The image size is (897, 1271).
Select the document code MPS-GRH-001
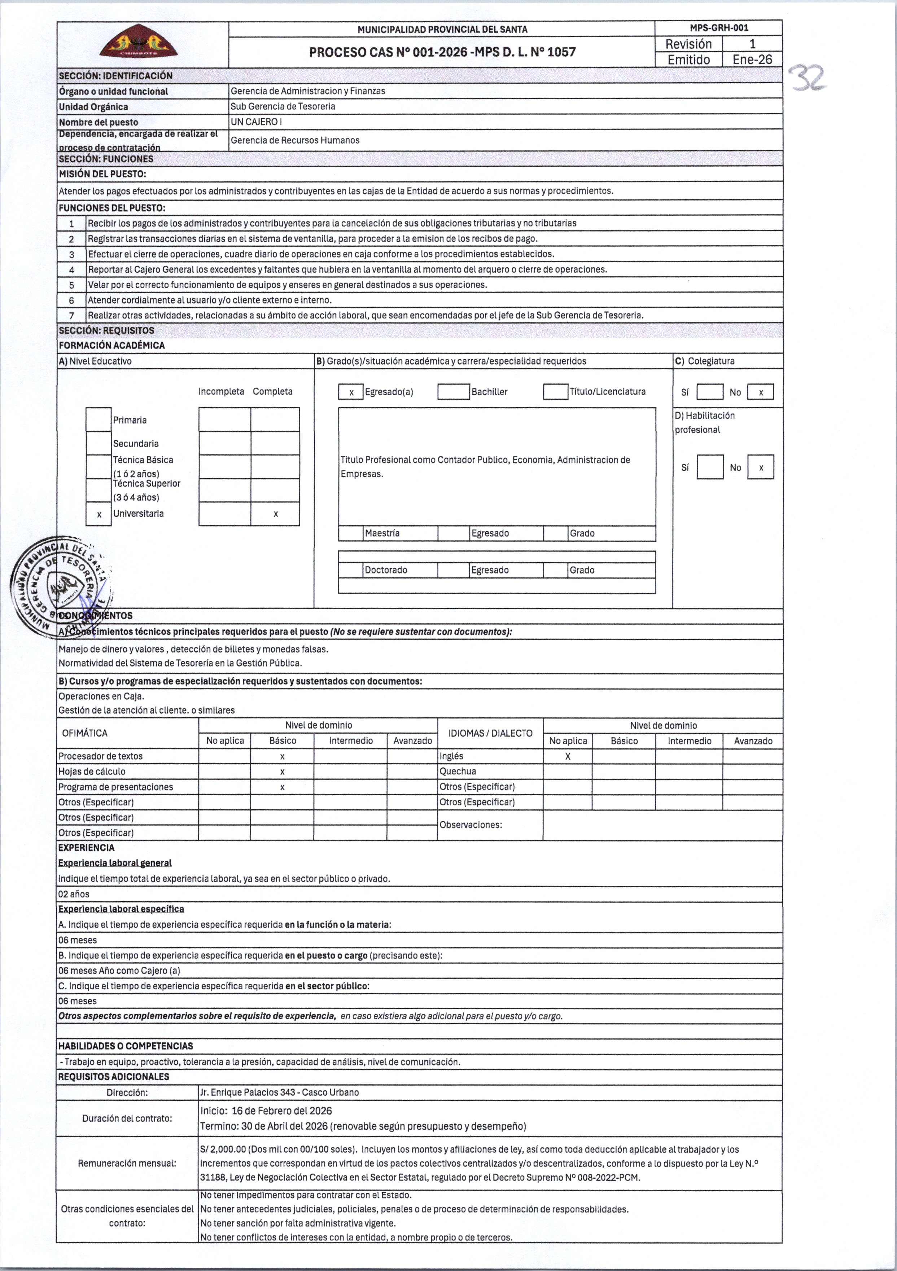point(719,28)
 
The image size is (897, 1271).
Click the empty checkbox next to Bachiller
point(453,392)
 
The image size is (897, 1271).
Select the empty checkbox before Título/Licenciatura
point(555,392)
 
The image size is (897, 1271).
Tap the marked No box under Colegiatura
point(760,392)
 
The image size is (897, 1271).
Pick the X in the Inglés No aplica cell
point(568,757)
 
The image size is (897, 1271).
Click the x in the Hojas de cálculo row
point(283,772)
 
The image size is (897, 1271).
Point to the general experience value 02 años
point(74,894)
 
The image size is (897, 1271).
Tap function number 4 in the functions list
point(71,269)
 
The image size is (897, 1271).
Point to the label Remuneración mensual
point(127,1163)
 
